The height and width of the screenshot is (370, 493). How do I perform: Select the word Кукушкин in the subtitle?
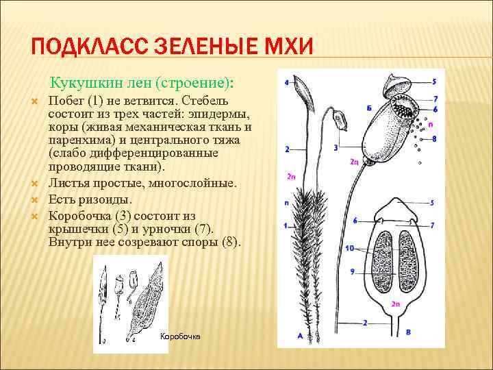pyautogui.click(x=81, y=83)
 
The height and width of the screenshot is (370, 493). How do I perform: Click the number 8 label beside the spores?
pyautogui.click(x=434, y=139)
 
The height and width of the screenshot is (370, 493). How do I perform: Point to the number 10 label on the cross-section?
pyautogui.click(x=349, y=248)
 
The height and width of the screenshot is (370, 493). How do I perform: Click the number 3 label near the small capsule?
pyautogui.click(x=336, y=147)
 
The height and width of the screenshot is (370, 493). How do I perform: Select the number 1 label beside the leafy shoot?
pyautogui.click(x=286, y=225)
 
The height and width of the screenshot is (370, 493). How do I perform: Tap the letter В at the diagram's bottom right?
pyautogui.click(x=409, y=332)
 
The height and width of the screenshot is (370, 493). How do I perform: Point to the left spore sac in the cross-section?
pyautogui.click(x=380, y=256)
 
